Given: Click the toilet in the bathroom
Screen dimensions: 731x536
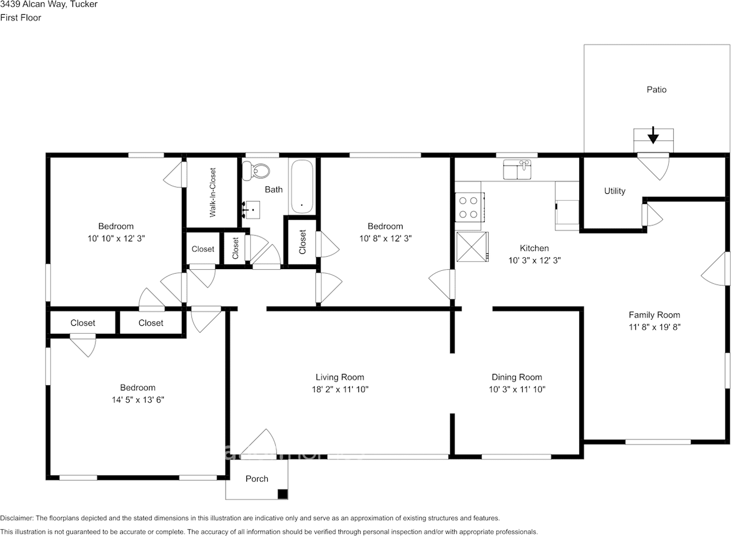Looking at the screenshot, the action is click(x=255, y=170).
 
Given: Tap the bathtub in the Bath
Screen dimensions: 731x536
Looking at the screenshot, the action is click(x=302, y=186).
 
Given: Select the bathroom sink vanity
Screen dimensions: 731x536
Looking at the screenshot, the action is click(x=252, y=210).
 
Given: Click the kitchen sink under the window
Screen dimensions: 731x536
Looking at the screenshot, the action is click(x=517, y=169).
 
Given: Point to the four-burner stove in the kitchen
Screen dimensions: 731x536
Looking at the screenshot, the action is click(x=469, y=207).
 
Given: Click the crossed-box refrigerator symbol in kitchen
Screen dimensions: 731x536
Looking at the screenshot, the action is click(x=472, y=247).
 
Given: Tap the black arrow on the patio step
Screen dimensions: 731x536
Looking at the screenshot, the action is click(x=653, y=135).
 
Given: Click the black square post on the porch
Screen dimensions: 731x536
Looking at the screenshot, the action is click(x=282, y=494).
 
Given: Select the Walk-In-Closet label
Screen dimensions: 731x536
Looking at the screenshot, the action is click(x=213, y=192).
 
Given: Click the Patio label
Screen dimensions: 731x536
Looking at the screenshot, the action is click(x=656, y=90).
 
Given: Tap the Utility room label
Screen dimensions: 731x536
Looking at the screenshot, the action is click(x=614, y=191).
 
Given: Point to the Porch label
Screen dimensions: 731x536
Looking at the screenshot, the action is click(x=257, y=478).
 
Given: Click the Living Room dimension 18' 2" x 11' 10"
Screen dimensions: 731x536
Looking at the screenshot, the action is click(x=340, y=389).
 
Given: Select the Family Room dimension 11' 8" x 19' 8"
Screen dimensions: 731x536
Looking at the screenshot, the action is click(x=654, y=327).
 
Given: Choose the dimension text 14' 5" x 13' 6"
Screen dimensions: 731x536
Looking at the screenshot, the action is click(x=138, y=399).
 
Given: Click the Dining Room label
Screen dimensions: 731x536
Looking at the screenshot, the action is click(x=517, y=377).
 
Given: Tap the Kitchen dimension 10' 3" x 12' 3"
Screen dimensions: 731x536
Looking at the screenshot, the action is click(x=535, y=260).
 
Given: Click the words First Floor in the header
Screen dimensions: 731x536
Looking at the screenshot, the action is click(x=21, y=18).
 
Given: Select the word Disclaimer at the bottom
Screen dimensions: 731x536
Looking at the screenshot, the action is click(x=17, y=518).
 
